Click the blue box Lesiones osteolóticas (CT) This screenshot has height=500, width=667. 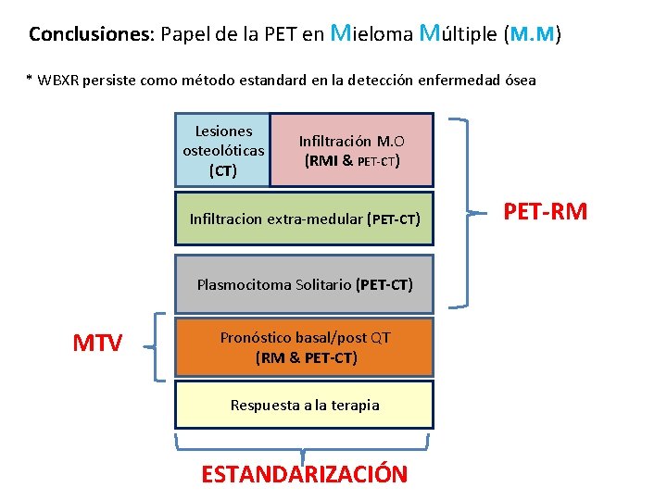point(223,150)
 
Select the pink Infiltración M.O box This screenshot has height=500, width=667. point(351,150)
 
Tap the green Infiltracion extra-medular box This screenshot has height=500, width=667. point(305,219)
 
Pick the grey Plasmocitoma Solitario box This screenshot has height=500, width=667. point(305,284)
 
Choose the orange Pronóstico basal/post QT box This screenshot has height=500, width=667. point(305,347)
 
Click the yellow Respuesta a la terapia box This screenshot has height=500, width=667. point(305,405)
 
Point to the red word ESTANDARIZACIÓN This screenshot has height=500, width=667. point(304,474)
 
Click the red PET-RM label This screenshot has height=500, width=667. point(545,211)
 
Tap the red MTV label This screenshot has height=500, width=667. point(97,344)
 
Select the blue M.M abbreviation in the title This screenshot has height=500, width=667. point(533,35)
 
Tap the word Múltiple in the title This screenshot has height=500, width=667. point(459,34)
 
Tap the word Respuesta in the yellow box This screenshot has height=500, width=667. point(265,405)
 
